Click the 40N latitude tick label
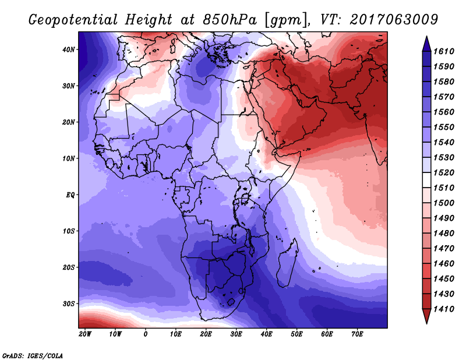[69, 50]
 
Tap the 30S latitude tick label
[69, 303]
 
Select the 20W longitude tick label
[85, 334]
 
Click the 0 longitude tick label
[145, 334]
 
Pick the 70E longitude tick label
[357, 334]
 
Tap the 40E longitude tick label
[266, 334]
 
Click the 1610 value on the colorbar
[444, 51]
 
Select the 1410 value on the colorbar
[444, 309]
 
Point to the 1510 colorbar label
[444, 188]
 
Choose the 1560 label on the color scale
[444, 112]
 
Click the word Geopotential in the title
[73, 20]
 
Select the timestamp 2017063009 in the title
[394, 19]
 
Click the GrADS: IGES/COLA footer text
[33, 356]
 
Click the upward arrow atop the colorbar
[426, 44]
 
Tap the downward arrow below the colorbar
[426, 316]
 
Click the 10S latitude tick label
[69, 231]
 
